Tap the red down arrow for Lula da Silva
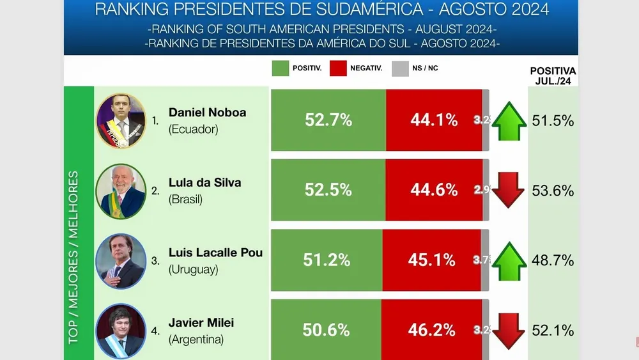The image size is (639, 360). (509, 190)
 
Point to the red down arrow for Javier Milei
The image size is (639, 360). (509, 330)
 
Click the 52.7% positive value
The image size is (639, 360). (328, 120)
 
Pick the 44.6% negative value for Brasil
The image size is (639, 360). (434, 190)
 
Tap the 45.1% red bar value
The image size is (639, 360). (432, 260)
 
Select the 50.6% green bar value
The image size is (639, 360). (326, 330)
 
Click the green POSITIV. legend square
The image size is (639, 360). (280, 68)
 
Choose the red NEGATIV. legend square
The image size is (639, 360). (338, 68)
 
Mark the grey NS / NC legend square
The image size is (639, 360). (400, 68)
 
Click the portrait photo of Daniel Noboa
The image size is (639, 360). (121, 121)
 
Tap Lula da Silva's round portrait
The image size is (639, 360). (121, 191)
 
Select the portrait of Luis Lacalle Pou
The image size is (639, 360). (121, 261)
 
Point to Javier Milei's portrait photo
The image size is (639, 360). (121, 331)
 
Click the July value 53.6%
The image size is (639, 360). (553, 191)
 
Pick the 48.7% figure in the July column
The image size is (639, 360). (553, 260)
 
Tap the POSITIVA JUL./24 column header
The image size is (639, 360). (553, 75)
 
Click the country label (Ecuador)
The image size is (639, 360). (194, 129)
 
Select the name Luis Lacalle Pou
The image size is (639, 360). (215, 253)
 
